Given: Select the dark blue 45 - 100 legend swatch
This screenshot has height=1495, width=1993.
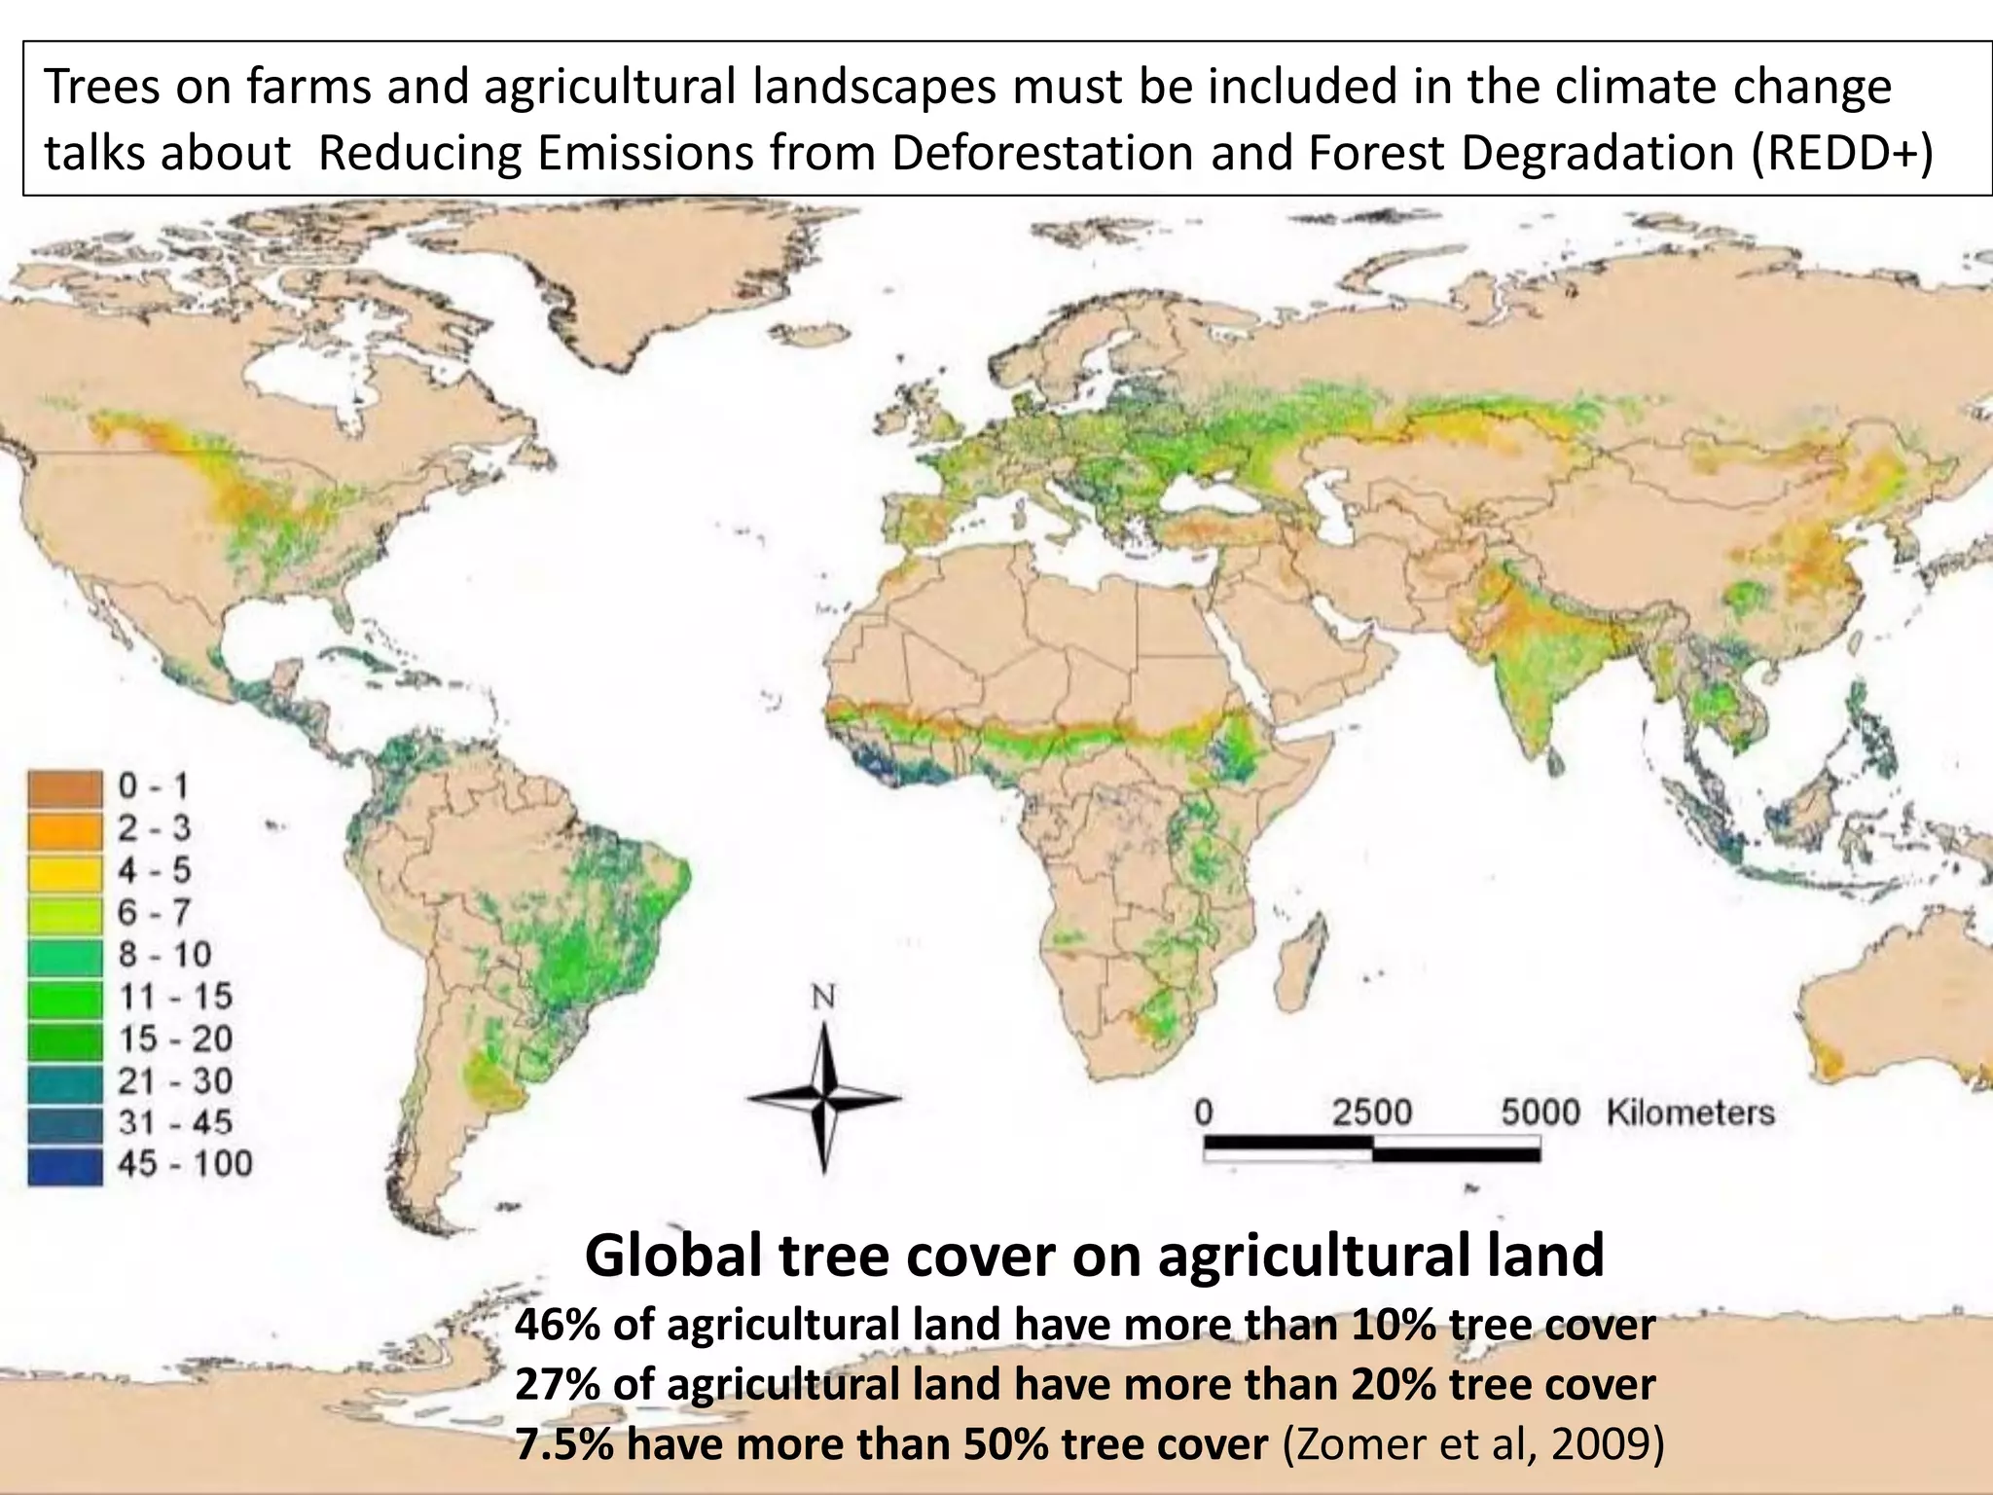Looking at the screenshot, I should coord(64,1167).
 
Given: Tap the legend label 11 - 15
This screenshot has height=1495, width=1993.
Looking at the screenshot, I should coord(175,997).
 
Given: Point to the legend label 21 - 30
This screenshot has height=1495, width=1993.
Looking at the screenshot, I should coord(175,1081).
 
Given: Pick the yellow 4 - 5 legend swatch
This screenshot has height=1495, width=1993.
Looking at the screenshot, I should coord(64,872).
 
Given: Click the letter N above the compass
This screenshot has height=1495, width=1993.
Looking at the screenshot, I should coord(823,997).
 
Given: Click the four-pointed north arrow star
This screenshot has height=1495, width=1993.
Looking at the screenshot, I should coord(824,1098).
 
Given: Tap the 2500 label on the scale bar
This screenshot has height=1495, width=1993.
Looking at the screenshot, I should coord(1371,1112).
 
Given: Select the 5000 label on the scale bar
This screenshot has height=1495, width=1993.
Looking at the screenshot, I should coord(1540,1112).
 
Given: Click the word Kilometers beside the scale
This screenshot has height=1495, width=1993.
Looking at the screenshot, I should coord(1690,1112).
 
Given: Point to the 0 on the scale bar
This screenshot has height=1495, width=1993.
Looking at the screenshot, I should coord(1205,1112).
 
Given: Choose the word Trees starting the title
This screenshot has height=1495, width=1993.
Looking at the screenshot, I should coord(101,87).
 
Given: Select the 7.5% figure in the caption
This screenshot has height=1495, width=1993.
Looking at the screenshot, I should coord(563,1443).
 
